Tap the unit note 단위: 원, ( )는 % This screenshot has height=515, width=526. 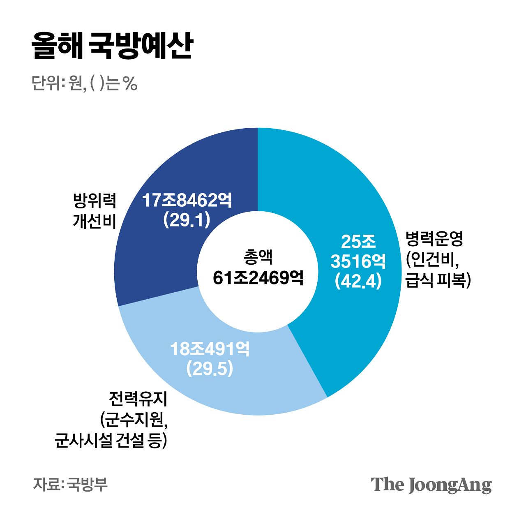(x=84, y=83)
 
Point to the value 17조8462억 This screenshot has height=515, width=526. (x=187, y=201)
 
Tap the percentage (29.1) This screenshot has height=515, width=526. (x=187, y=220)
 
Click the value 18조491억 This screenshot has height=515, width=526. (x=210, y=349)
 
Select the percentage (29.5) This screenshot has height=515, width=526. (x=210, y=369)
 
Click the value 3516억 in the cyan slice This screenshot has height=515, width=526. (x=358, y=261)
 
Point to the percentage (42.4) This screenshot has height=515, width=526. (x=358, y=281)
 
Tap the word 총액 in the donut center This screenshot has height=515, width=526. (x=258, y=258)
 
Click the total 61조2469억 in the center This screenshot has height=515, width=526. (x=258, y=278)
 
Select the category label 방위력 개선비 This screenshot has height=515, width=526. (x=95, y=210)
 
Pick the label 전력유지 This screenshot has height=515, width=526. (x=138, y=399)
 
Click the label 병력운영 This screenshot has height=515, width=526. (x=434, y=238)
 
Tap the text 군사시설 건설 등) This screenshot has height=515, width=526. (x=111, y=441)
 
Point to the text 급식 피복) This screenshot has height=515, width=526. (x=438, y=281)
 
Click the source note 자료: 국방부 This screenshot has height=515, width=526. (x=70, y=484)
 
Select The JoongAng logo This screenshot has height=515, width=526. (x=431, y=485)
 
